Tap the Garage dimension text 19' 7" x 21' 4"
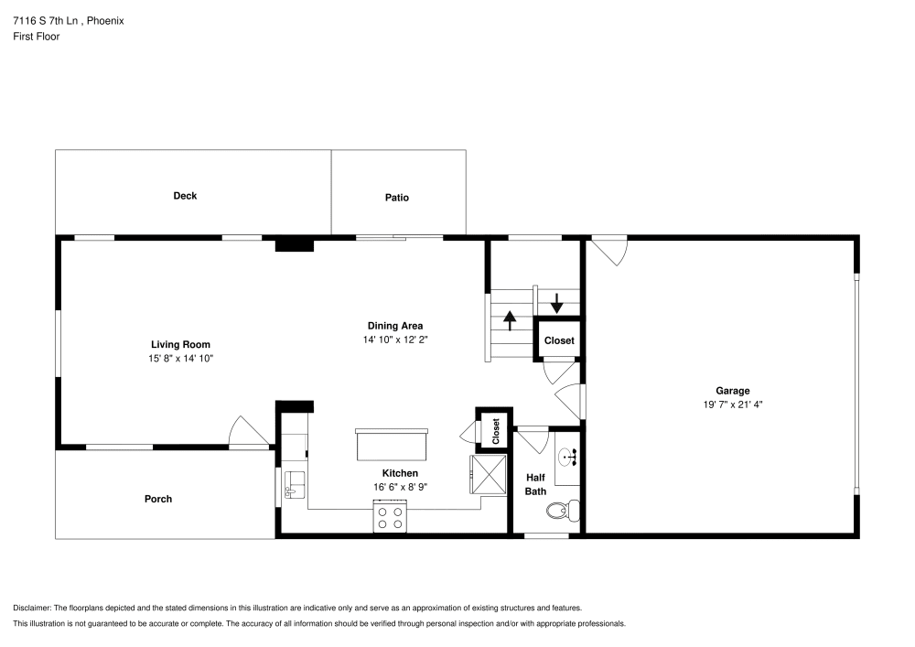pos(733,404)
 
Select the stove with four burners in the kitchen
pos(390,519)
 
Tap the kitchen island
pos(393,447)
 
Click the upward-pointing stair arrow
pos(510,321)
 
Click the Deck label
pos(185,196)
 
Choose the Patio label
pos(397,198)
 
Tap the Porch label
pos(158,499)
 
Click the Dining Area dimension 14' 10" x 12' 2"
pos(395,339)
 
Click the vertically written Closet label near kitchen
pos(496,430)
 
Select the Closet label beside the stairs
pos(559,340)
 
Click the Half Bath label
pos(535,484)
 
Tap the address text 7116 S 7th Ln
pos(51,20)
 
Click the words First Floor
pos(37,37)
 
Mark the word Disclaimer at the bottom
pos(33,608)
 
